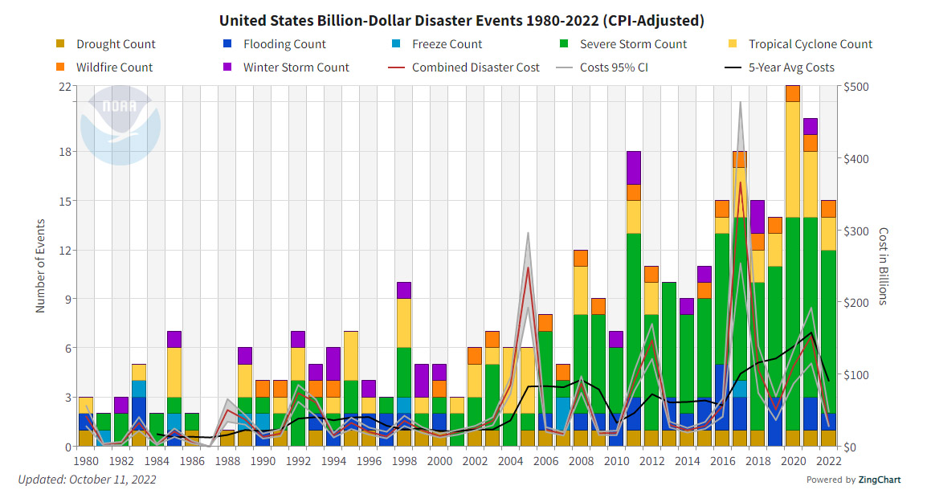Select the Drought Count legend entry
pyautogui.click(x=116, y=45)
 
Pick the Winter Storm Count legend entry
pyautogui.click(x=296, y=67)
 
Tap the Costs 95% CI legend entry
pyautogui.click(x=613, y=67)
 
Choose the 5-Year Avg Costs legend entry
pyautogui.click(x=790, y=67)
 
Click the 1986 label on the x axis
pyautogui.click(x=191, y=461)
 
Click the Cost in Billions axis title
pyautogui.click(x=882, y=266)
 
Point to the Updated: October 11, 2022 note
pyautogui.click(x=87, y=480)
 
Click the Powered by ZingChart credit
pyautogui.click(x=860, y=480)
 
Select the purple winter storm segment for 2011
pyautogui.click(x=634, y=168)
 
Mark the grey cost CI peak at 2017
pyautogui.click(x=740, y=103)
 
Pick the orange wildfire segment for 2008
pyautogui.click(x=581, y=258)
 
